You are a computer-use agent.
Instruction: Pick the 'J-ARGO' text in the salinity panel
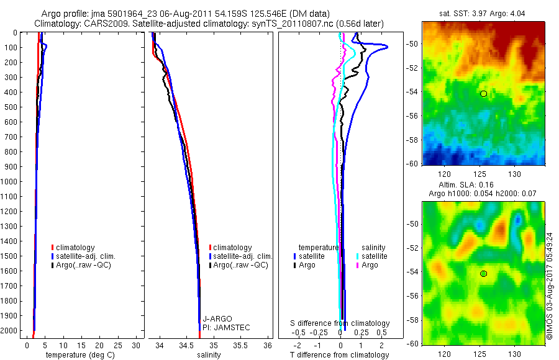217,318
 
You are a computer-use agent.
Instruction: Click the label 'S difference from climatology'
340,323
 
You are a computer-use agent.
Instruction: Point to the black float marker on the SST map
483,94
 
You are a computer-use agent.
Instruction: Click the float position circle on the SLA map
483,274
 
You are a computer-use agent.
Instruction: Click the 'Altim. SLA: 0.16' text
482,185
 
